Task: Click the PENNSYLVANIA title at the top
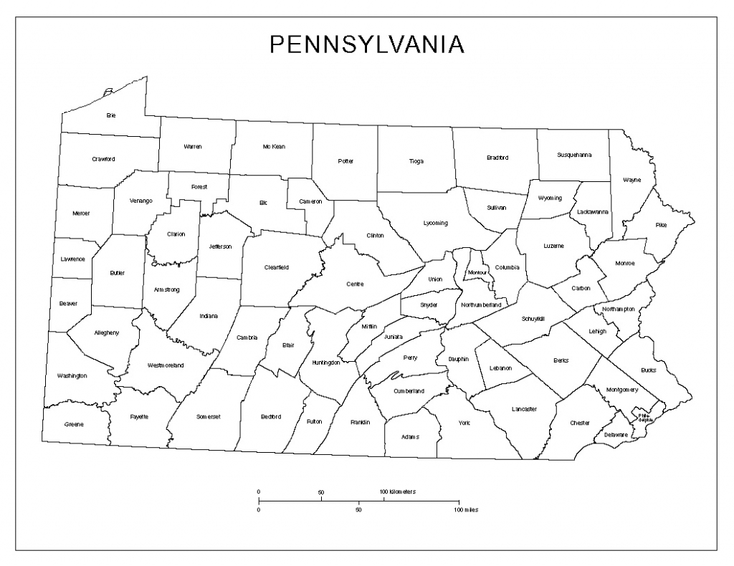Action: pos(366,44)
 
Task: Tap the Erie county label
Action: pos(111,115)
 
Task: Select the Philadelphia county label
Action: pos(643,417)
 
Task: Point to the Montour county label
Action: pos(477,273)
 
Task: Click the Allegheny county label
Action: pos(107,332)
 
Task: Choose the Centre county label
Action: pos(355,284)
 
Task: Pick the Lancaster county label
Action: pos(524,408)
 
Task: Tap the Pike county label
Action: pos(661,225)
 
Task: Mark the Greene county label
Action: pos(74,424)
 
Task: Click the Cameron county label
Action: pos(310,201)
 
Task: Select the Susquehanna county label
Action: pos(574,155)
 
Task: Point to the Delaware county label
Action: pos(616,435)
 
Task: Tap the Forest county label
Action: pos(199,187)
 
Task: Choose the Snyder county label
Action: pos(429,304)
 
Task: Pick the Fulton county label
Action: pos(314,421)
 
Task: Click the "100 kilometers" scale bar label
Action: pos(398,491)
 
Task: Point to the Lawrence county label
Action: pos(72,259)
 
